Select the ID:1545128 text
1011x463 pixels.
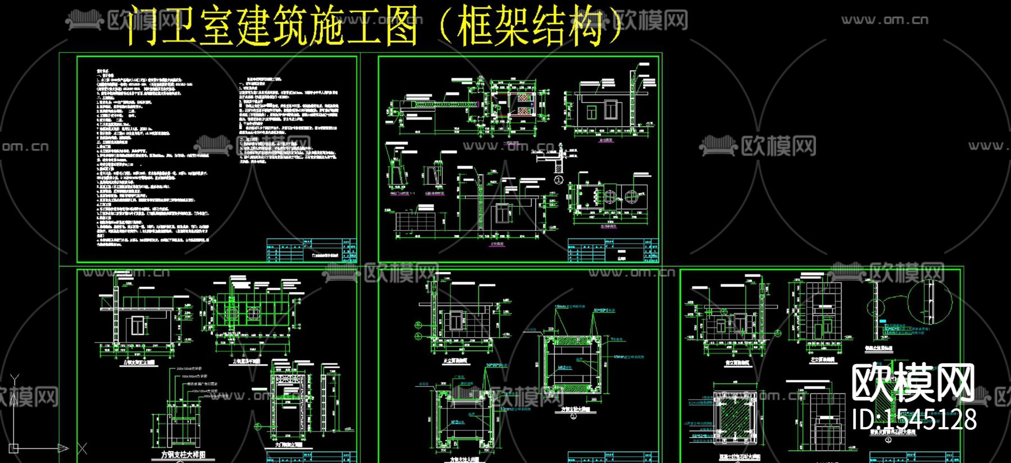(914, 419)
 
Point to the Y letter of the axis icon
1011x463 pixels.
(15, 380)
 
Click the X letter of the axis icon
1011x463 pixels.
(82, 448)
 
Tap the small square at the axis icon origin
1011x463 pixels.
(14, 448)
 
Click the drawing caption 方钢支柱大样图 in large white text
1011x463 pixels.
(184, 455)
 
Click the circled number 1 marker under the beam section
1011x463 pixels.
(558, 180)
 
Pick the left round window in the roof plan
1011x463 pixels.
(609, 197)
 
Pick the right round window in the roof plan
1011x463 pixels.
(631, 197)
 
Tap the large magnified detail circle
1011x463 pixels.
(930, 302)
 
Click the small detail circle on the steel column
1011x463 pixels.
(875, 308)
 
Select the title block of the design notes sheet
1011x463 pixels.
(311, 250)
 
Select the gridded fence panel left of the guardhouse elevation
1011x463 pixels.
(416, 221)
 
